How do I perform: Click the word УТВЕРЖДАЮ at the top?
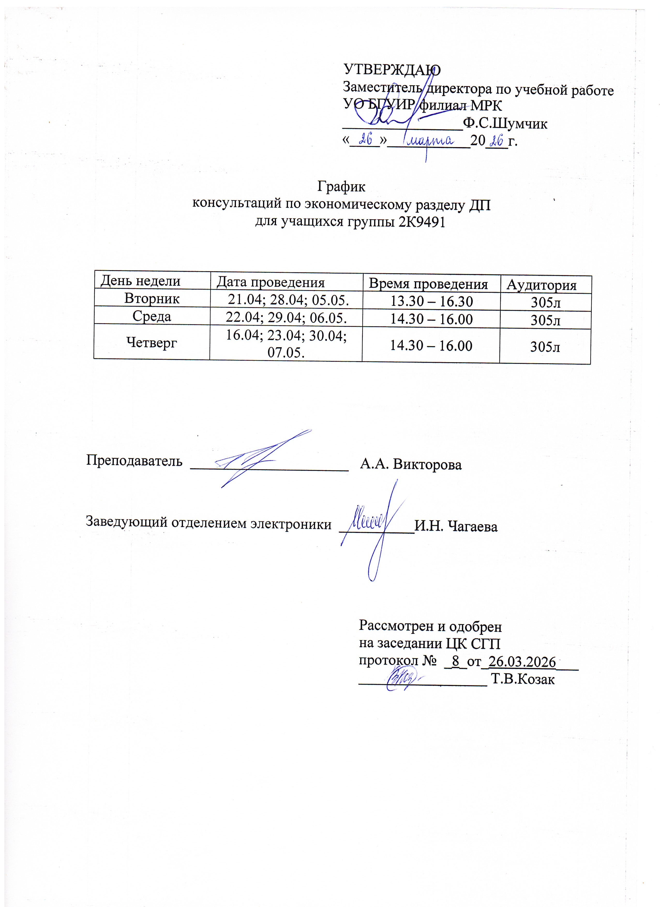coord(392,70)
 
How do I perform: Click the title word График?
coord(341,187)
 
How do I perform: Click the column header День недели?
coord(140,281)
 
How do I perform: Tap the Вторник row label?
coord(152,298)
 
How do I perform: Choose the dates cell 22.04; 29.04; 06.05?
coord(286,318)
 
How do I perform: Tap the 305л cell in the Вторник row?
coord(546,303)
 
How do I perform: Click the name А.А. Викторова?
coord(411,464)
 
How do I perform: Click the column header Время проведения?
coord(428,284)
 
